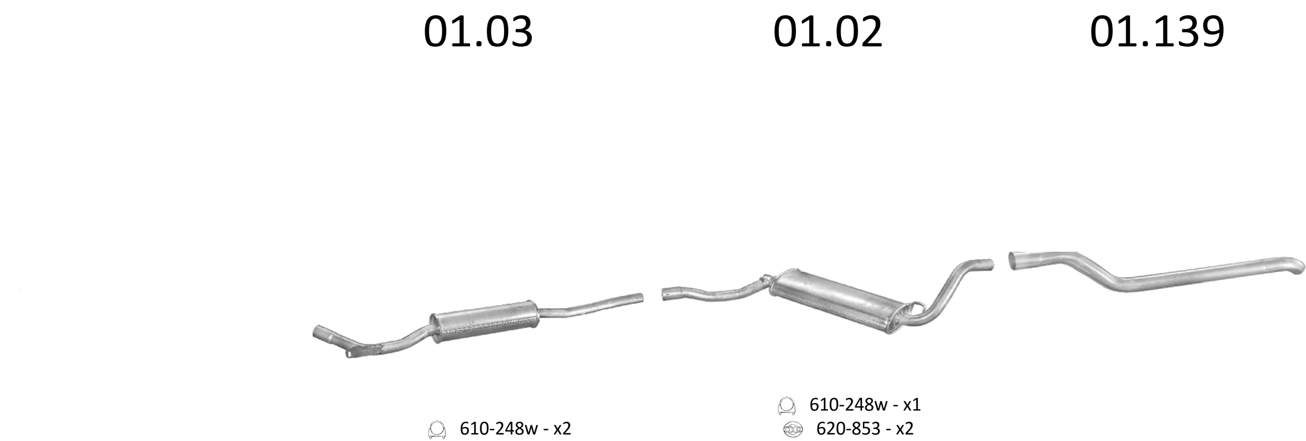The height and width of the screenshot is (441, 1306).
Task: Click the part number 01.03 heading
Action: point(478,32)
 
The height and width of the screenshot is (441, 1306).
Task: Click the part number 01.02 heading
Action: point(827,32)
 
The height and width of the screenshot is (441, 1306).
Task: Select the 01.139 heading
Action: point(1157,32)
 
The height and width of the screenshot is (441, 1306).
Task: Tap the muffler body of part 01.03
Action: point(484,321)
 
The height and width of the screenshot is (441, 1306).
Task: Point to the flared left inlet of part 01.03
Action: point(324,334)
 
